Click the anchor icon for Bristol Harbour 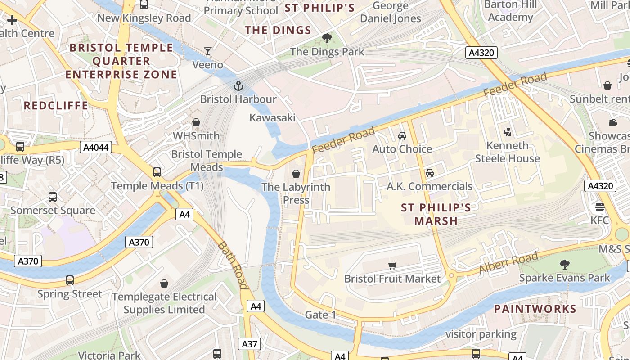pos(238,85)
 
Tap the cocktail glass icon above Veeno pos(208,51)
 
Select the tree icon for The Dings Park pos(327,38)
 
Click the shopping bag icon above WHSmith pos(196,122)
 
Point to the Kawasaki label pos(272,118)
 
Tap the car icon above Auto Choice pos(402,135)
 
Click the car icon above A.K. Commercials pos(430,173)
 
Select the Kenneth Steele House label pos(508,152)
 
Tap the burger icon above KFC pos(599,207)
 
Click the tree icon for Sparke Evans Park pos(564,265)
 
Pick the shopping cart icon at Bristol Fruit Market pos(392,265)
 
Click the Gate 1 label pos(320,315)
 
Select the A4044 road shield pos(96,147)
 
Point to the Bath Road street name pos(233,265)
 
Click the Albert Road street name pos(508,263)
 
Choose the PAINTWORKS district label pos(535,309)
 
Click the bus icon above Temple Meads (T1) pos(157,172)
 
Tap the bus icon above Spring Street pos(70,280)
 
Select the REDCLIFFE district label pos(56,106)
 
